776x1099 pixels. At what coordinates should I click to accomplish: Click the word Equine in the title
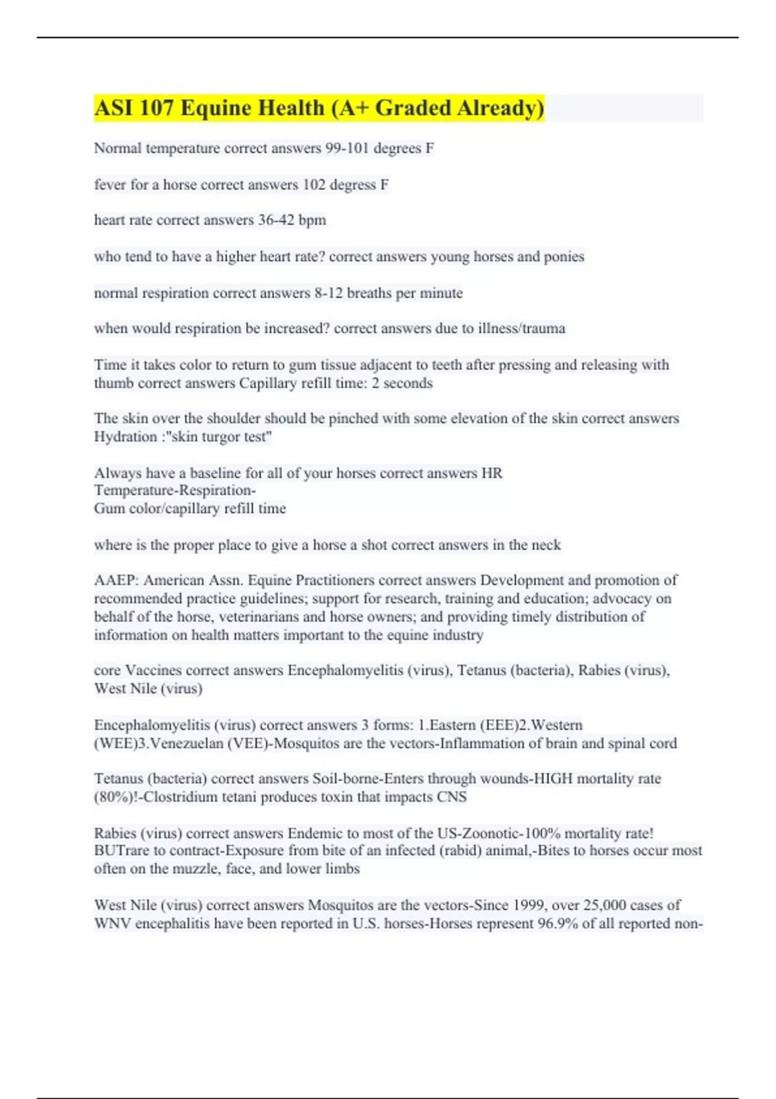pyautogui.click(x=217, y=108)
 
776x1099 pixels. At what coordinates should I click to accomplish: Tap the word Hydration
pyautogui.click(x=122, y=437)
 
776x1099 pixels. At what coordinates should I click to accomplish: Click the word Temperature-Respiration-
pyautogui.click(x=175, y=491)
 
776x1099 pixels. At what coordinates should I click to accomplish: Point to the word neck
pyautogui.click(x=546, y=545)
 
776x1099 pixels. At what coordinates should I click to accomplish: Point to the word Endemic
pyautogui.click(x=315, y=833)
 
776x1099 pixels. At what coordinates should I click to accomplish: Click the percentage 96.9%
pyautogui.click(x=557, y=924)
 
